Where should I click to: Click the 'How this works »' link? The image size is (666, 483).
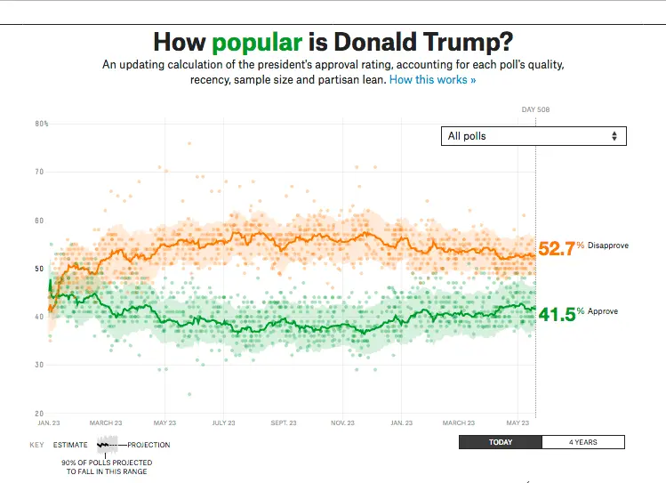[x=432, y=80]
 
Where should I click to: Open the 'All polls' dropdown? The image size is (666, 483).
[x=534, y=136]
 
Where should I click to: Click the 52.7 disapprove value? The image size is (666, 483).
[x=557, y=248]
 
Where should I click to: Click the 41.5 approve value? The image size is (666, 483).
[x=557, y=313]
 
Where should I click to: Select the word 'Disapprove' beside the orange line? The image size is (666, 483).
[x=608, y=245]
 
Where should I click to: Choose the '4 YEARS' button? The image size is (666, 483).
[x=583, y=442]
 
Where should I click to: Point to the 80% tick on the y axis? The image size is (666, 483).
[x=42, y=124]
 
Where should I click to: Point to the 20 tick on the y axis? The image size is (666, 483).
[x=40, y=414]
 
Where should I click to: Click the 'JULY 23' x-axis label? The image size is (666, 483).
[x=223, y=423]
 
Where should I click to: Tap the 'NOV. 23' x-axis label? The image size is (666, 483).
[x=341, y=423]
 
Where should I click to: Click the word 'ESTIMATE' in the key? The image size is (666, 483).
[x=70, y=445]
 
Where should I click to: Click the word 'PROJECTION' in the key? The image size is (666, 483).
[x=148, y=445]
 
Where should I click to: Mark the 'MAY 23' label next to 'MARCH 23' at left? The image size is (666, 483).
[x=165, y=423]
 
